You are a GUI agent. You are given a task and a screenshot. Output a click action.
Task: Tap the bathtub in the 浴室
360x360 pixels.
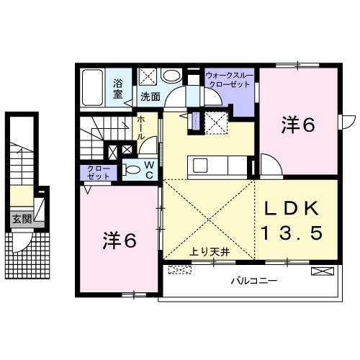click(92, 85)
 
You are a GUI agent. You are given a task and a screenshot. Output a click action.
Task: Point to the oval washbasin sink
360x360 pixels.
click(171, 75)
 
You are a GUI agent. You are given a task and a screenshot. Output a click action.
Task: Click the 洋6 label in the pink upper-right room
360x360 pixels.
click(298, 125)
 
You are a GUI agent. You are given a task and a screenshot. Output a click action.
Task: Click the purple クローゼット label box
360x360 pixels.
click(94, 174)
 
